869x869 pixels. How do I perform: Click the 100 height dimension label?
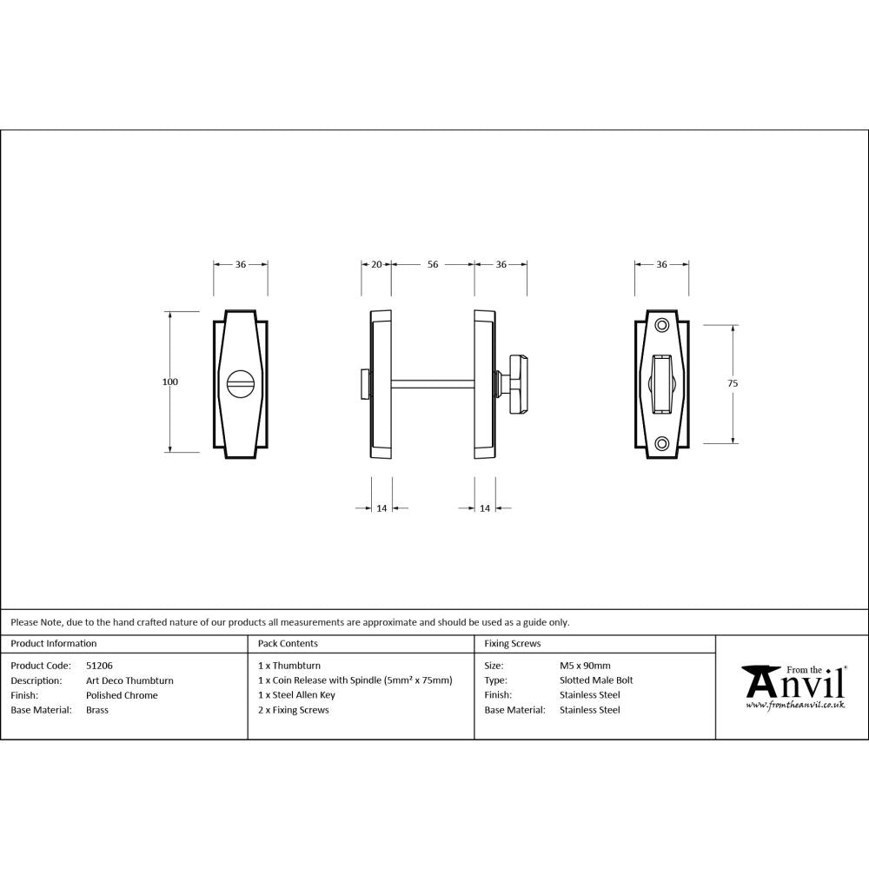pos(169,382)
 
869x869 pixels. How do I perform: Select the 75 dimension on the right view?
pos(733,383)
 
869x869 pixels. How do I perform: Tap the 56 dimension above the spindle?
pos(432,264)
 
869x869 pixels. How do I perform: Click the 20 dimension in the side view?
pos(376,264)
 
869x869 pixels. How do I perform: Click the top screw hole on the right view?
pos(662,325)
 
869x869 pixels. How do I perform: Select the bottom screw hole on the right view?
pos(662,443)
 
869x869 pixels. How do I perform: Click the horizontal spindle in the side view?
pos(433,382)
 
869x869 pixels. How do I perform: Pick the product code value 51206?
pos(99,666)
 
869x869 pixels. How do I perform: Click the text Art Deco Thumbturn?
pos(129,680)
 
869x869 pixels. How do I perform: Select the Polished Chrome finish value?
pos(122,695)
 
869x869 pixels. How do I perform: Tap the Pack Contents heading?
pos(288,644)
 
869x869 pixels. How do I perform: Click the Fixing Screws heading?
pos(513,644)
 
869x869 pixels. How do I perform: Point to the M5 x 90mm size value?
pos(585,666)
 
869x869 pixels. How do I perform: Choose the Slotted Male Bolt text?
pos(596,680)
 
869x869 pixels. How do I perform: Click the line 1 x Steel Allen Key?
pos(296,695)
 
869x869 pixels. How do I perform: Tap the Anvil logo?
pos(793,687)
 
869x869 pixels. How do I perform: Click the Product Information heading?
pos(54,644)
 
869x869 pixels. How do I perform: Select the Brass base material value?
pos(97,710)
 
